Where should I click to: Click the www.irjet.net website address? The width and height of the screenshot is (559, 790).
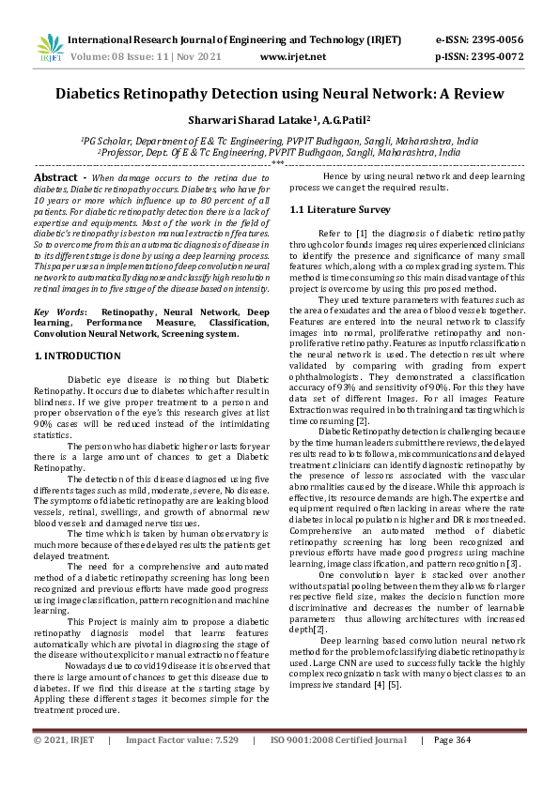pyautogui.click(x=292, y=56)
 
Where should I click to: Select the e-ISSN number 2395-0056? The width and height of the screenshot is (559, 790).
pyautogui.click(x=497, y=39)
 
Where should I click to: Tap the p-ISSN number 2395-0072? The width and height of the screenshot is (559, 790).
pyautogui.click(x=497, y=56)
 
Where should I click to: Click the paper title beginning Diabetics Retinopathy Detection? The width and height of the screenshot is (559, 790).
pyautogui.click(x=279, y=94)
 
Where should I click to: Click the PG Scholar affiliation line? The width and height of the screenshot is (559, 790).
pyautogui.click(x=279, y=140)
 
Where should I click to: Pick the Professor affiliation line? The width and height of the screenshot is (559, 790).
pyautogui.click(x=279, y=150)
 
